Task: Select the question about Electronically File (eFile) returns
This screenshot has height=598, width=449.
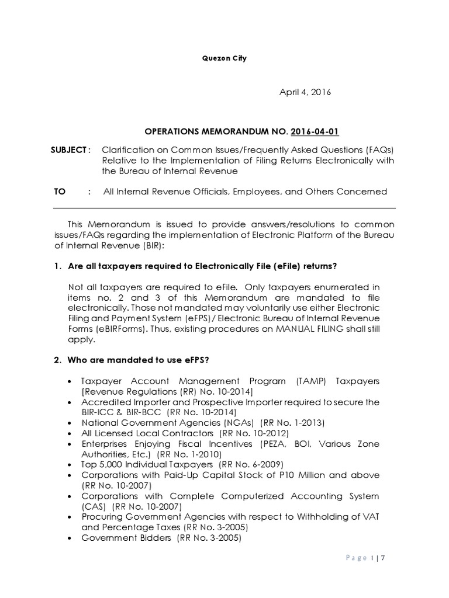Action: [x=202, y=266]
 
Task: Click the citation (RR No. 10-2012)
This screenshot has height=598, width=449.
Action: [x=255, y=433]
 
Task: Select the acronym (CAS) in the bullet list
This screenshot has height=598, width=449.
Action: [x=94, y=506]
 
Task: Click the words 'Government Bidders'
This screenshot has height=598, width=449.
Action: [x=127, y=538]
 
